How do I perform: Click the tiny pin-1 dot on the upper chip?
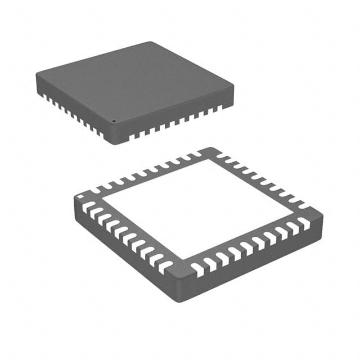click(x=112, y=120)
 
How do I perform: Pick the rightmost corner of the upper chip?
click(x=233, y=85)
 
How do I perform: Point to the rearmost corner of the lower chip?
click(x=211, y=148)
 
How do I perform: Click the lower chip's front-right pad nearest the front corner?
click(x=197, y=267)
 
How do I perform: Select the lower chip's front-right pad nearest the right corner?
click(x=304, y=223)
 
